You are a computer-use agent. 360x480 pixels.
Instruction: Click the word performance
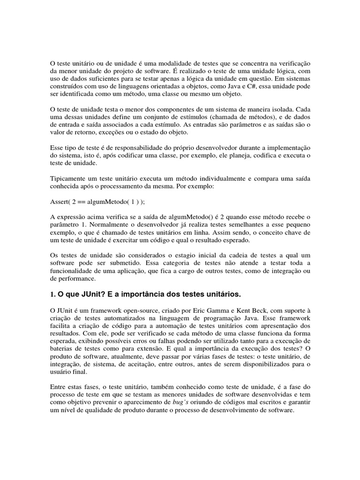pos(76,278)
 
